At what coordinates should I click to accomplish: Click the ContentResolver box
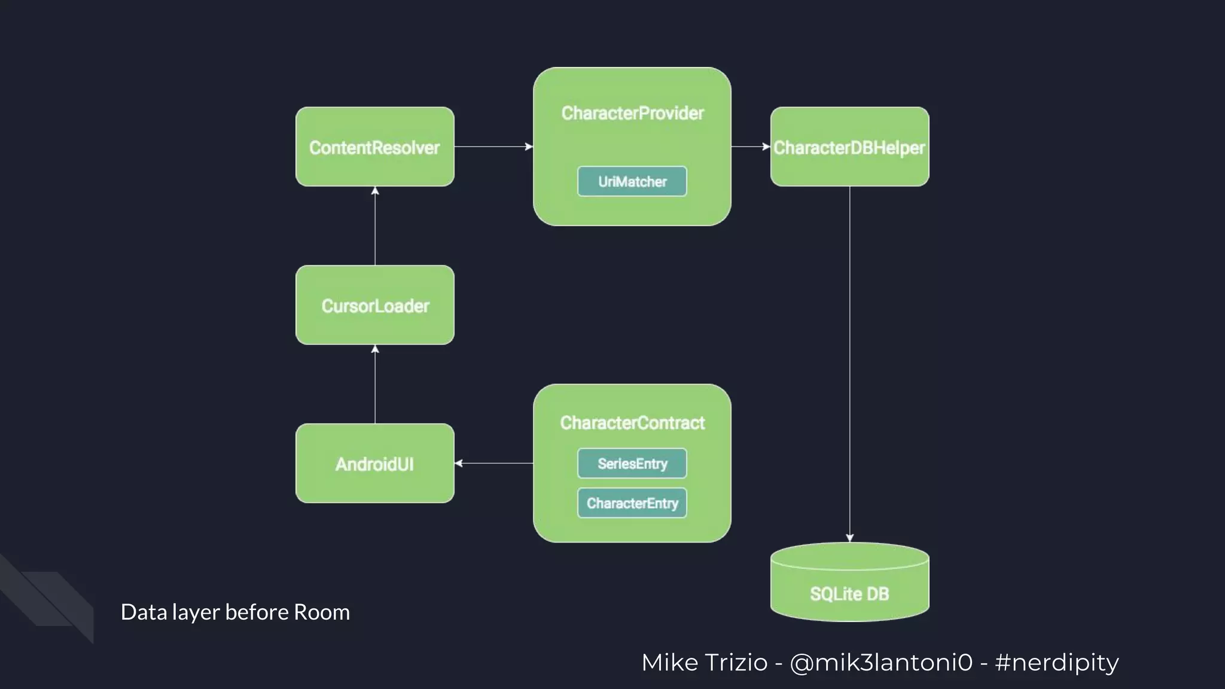[x=374, y=147]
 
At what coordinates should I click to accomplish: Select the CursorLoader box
[x=374, y=306]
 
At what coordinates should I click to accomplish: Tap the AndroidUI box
[x=374, y=464]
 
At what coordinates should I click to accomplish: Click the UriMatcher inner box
[x=632, y=181]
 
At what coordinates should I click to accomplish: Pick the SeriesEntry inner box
[x=632, y=464]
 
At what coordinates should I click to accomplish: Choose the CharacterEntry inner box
[x=632, y=503]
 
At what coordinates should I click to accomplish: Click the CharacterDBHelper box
[x=849, y=147]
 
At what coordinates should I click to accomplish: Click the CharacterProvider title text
[x=632, y=113]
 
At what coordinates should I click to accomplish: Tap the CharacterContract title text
[x=632, y=423]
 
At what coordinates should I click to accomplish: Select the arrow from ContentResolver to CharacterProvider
[x=493, y=147]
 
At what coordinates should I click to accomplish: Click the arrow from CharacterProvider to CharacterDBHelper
[x=751, y=147]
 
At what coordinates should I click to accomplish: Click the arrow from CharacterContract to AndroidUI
[x=493, y=463]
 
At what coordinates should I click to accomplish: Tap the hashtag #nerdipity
[x=1056, y=663]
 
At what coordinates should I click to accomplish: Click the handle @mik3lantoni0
[x=880, y=663]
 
